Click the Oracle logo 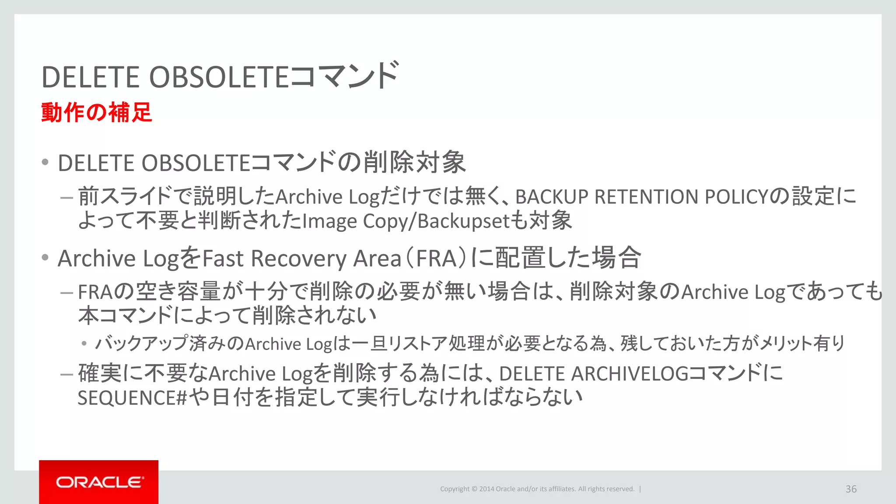(x=99, y=482)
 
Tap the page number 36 (x=851, y=489)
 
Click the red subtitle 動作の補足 (x=97, y=112)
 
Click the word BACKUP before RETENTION (x=552, y=197)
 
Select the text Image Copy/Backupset (x=406, y=221)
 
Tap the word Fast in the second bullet (x=223, y=258)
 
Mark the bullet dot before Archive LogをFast (x=45, y=257)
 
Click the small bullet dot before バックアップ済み (x=84, y=343)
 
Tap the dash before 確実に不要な (x=66, y=374)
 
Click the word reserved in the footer (x=620, y=489)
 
